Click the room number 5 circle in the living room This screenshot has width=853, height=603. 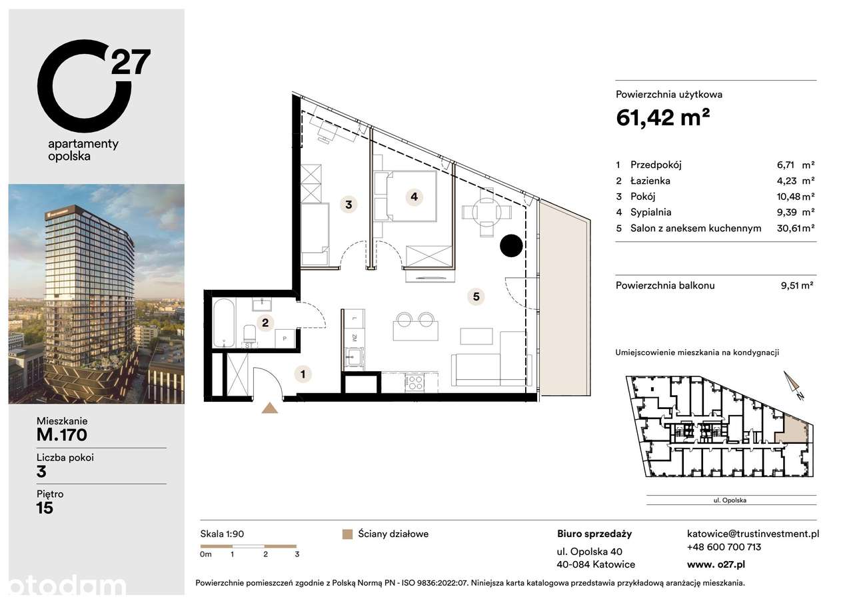tap(476, 297)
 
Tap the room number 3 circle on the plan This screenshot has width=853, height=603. tap(348, 205)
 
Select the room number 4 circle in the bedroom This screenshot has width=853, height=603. tap(414, 197)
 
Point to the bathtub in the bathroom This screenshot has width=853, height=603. tap(223, 324)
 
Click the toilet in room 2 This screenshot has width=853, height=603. tap(249, 334)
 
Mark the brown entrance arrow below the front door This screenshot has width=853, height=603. tap(270, 408)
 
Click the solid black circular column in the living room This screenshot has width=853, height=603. tap(511, 246)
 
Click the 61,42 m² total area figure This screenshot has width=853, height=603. tap(662, 117)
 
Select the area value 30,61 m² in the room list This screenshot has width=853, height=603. tap(798, 228)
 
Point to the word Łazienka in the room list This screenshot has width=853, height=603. tap(652, 181)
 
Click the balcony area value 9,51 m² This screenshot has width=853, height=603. tap(797, 285)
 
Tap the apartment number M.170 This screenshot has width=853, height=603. tap(62, 436)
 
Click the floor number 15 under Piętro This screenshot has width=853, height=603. tap(45, 508)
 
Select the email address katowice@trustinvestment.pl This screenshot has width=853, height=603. tap(752, 534)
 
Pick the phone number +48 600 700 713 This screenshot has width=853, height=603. tap(724, 547)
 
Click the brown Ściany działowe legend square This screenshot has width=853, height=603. tap(347, 534)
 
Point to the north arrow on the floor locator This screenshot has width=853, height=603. tap(794, 386)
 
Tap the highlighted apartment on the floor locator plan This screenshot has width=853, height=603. tap(794, 426)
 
